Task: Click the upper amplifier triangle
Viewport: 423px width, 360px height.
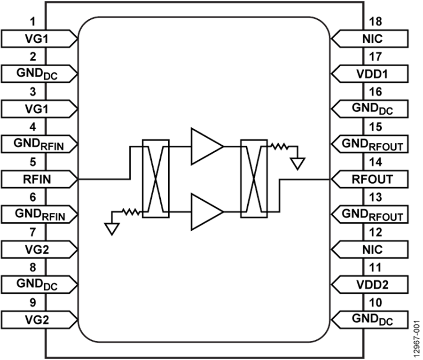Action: pyautogui.click(x=205, y=146)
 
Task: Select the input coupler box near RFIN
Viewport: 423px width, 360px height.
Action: pyautogui.click(x=155, y=179)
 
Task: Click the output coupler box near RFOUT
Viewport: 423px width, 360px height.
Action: pyautogui.click(x=254, y=179)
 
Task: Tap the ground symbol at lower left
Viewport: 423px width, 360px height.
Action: pyautogui.click(x=111, y=228)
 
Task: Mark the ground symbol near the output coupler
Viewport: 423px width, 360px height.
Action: pyautogui.click(x=297, y=163)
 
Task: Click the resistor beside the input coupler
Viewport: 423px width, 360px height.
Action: pyautogui.click(x=132, y=212)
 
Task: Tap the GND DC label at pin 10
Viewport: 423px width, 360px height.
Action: pyautogui.click(x=372, y=320)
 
